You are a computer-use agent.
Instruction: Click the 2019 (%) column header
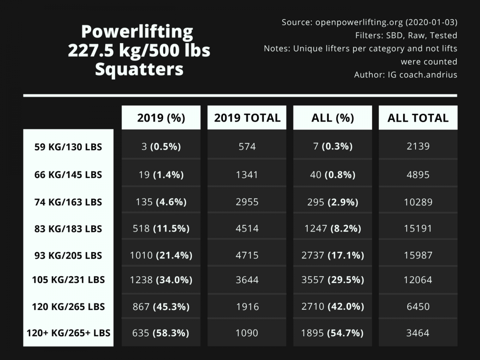click(x=161, y=118)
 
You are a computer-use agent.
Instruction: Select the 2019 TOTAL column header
click(x=247, y=118)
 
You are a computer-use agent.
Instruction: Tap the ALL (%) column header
click(x=332, y=118)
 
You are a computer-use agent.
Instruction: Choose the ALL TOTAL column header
click(x=418, y=118)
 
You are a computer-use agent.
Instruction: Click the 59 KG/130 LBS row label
click(x=68, y=147)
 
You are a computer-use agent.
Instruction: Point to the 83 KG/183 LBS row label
click(x=68, y=229)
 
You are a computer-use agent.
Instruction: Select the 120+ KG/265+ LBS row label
click(x=68, y=333)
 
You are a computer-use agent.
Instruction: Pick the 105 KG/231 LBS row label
click(x=68, y=280)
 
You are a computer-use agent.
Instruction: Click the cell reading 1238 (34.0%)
click(x=161, y=280)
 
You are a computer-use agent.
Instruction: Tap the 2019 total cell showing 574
click(x=247, y=147)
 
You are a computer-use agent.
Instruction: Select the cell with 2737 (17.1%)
click(x=332, y=256)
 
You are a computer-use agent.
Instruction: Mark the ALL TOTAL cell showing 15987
click(x=418, y=256)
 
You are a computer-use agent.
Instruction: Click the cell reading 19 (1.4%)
click(x=161, y=175)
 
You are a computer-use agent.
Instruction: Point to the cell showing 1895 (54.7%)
click(x=332, y=333)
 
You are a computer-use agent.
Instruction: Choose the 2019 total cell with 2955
click(x=247, y=202)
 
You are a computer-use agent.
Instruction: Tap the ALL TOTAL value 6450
click(x=418, y=307)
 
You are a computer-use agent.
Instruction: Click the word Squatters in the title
click(x=139, y=70)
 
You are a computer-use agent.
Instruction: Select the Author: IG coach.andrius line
click(x=405, y=75)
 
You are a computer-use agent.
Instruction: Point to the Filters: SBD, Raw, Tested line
click(x=406, y=36)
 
